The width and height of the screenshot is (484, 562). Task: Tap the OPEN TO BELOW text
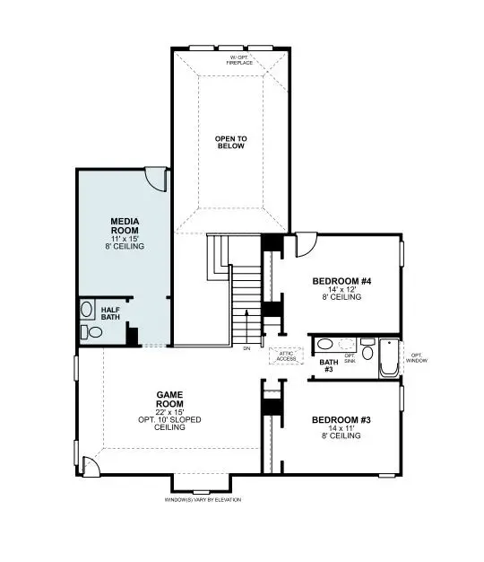230,142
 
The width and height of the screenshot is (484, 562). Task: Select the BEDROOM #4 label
341,281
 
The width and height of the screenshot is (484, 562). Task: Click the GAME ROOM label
170,394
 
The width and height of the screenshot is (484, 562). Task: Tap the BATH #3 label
327,365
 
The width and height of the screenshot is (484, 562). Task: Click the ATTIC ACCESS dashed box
287,356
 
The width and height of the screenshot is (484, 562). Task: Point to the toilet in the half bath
92,332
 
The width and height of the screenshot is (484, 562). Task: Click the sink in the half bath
87,310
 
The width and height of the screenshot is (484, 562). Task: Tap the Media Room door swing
157,178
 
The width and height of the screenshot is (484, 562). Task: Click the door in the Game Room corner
91,465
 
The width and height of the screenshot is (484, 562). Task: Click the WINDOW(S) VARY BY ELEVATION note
203,499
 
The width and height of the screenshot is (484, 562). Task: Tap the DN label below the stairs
246,347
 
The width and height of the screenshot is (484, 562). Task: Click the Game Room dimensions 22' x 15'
170,411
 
